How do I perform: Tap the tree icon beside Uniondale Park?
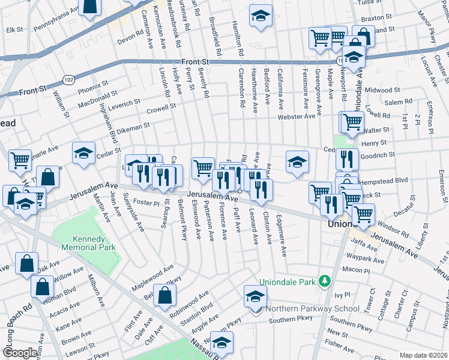(325, 281)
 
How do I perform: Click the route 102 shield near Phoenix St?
(69, 80)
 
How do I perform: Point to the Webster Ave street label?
(296, 116)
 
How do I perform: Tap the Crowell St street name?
(161, 109)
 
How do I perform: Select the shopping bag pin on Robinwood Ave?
(164, 295)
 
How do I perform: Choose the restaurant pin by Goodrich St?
(347, 159)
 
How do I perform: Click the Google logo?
(19, 352)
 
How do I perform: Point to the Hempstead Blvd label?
(384, 179)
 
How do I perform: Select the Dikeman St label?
(134, 128)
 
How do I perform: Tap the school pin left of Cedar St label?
(83, 153)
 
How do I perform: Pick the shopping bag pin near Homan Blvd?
(44, 288)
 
